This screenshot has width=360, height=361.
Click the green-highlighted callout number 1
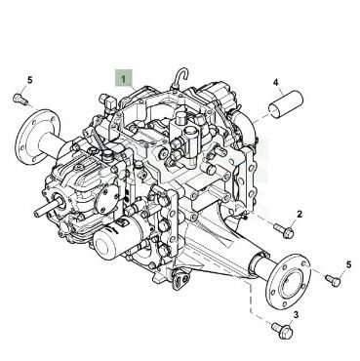tap(123, 79)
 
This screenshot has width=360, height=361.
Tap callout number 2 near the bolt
tap(300, 214)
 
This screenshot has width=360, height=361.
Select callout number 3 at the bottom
tap(296, 314)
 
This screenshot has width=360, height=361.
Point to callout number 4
tap(276, 83)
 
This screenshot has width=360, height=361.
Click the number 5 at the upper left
tap(30, 80)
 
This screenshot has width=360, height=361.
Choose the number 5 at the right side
tap(348, 264)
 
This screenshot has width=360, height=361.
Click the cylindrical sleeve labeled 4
tap(286, 104)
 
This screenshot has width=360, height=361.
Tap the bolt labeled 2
tap(284, 230)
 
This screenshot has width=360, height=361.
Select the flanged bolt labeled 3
tap(282, 330)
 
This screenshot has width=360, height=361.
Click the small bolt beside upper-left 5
tap(20, 99)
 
